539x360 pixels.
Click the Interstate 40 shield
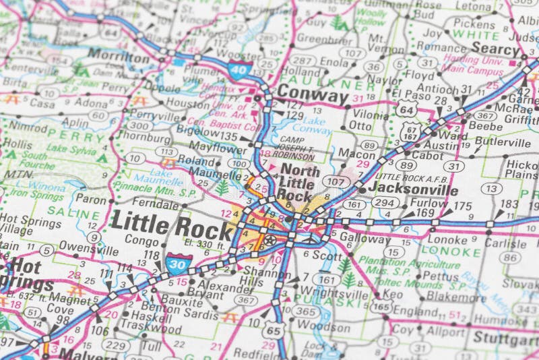240,68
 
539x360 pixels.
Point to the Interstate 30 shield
178,262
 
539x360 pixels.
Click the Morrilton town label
119,58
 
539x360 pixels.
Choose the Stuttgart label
506,336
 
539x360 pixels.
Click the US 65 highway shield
273,330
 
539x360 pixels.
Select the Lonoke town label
447,239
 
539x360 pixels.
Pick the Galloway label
364,239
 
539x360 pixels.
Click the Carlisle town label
505,243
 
